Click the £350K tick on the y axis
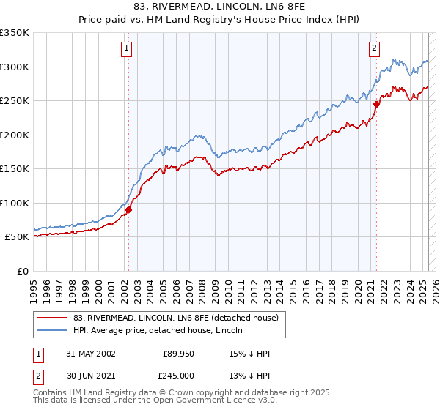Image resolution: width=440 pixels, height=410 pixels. [15, 33]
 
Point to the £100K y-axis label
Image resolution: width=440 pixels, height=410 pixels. [15, 203]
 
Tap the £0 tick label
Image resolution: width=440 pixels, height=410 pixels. [22, 271]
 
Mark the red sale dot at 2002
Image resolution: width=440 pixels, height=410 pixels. [128, 209]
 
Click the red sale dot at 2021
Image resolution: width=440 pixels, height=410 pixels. [377, 104]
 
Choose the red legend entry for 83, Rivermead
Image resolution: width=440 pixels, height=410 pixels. [175, 318]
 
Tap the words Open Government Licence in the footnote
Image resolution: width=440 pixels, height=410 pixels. [207, 401]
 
